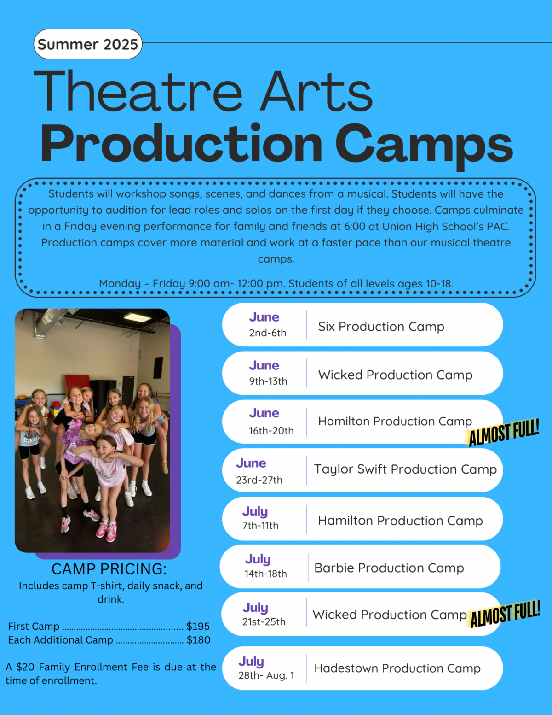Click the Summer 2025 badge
(87, 44)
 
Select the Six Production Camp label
(381, 327)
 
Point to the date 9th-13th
(268, 381)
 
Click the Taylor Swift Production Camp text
(405, 469)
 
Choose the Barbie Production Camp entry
(389, 568)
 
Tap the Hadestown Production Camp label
(397, 668)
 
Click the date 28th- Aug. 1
(266, 675)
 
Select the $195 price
(198, 627)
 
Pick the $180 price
(198, 640)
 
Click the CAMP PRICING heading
(109, 569)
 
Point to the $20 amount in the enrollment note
(25, 667)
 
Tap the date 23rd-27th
(259, 480)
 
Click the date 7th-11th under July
(260, 526)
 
